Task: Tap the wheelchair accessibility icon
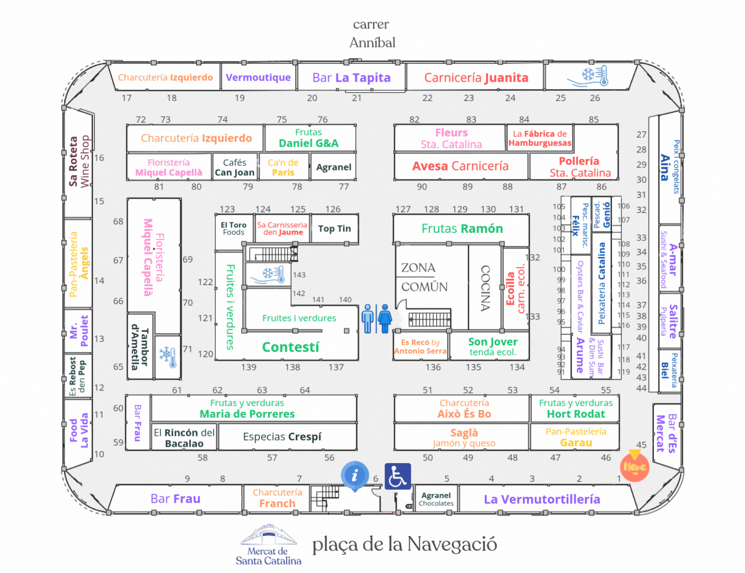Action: click(x=398, y=477)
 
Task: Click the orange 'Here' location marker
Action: click(x=635, y=466)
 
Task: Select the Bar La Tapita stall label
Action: click(x=351, y=78)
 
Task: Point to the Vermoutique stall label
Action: click(x=258, y=77)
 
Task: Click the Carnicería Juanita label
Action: click(x=476, y=78)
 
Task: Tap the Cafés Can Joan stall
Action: click(x=235, y=167)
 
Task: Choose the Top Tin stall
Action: click(x=334, y=229)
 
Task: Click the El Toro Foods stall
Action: click(x=234, y=229)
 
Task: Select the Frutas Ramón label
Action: click(x=462, y=229)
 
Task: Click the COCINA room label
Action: click(x=486, y=288)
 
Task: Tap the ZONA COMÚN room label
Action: click(x=424, y=277)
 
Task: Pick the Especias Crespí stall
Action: click(x=282, y=436)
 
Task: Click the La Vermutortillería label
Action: click(x=542, y=499)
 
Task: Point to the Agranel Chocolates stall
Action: click(x=436, y=499)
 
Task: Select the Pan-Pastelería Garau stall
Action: click(x=576, y=437)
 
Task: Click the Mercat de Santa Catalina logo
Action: click(x=268, y=544)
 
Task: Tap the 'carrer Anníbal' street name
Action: click(x=372, y=33)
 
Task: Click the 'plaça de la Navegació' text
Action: click(x=404, y=544)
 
